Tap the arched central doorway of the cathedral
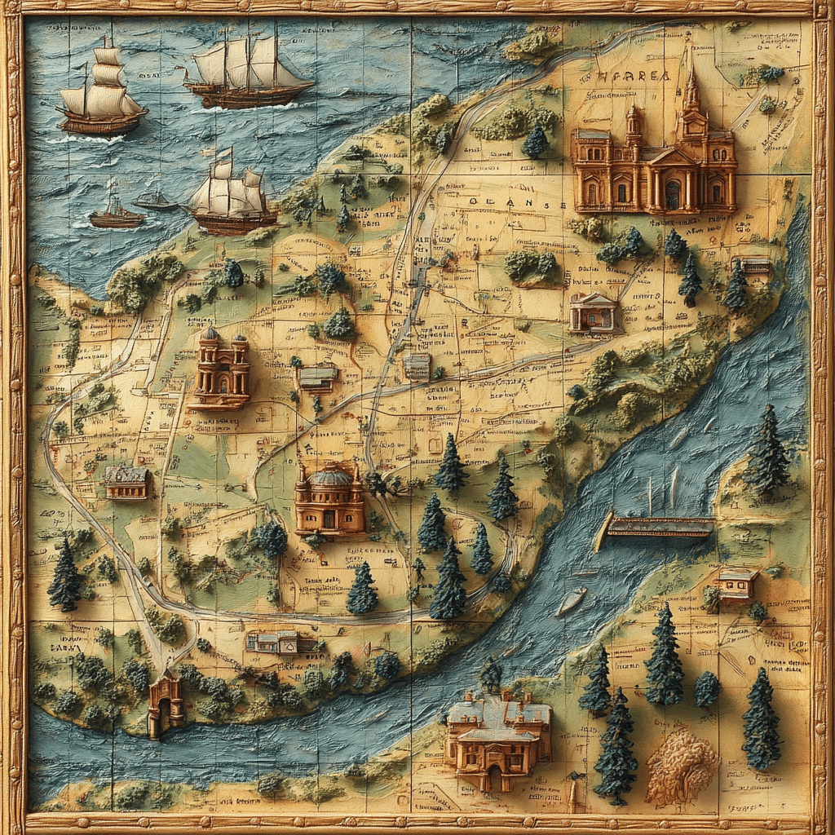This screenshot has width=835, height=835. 672,194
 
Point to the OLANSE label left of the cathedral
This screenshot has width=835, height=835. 506,205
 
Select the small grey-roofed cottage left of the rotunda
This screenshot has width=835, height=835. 127,482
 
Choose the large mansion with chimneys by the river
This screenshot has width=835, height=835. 497,739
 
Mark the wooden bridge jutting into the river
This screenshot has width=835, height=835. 657,528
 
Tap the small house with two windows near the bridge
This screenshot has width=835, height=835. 737,585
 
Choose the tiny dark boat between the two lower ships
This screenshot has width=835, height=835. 155,201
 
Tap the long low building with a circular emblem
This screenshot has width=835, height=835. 279,642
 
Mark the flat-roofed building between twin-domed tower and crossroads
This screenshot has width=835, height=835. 317,376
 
